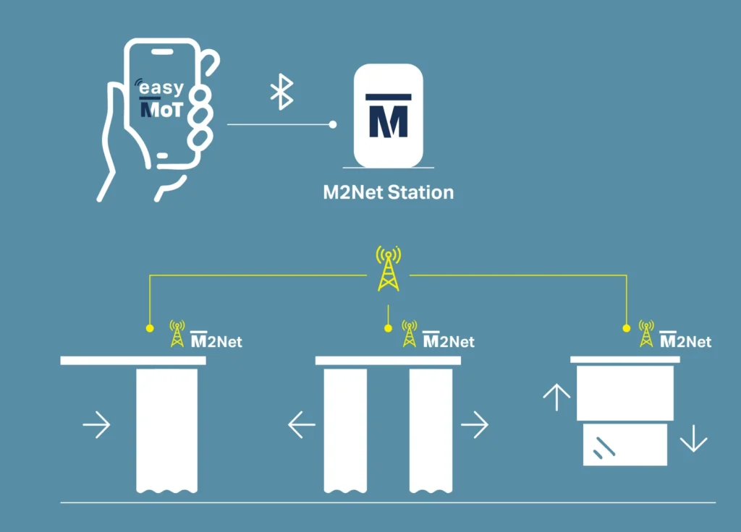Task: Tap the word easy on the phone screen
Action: (x=161, y=89)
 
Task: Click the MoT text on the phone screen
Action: (x=161, y=109)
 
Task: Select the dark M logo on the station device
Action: (x=388, y=116)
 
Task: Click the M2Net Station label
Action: (x=388, y=193)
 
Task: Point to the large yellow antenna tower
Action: (x=389, y=269)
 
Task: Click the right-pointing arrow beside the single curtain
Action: (x=96, y=425)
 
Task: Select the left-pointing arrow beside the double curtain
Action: (x=302, y=425)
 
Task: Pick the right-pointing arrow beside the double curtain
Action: (x=475, y=425)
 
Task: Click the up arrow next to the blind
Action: (x=556, y=397)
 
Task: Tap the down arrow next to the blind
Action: (x=693, y=438)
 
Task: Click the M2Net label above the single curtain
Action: (x=216, y=340)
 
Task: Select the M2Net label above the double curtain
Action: (x=449, y=340)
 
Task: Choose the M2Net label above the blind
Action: (x=685, y=340)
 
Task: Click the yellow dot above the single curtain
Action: (x=150, y=328)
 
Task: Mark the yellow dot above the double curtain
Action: (x=389, y=328)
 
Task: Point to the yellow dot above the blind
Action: (x=627, y=328)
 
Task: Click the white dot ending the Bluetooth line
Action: (x=333, y=124)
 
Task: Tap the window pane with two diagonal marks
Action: (x=625, y=445)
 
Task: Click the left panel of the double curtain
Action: (x=345, y=429)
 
